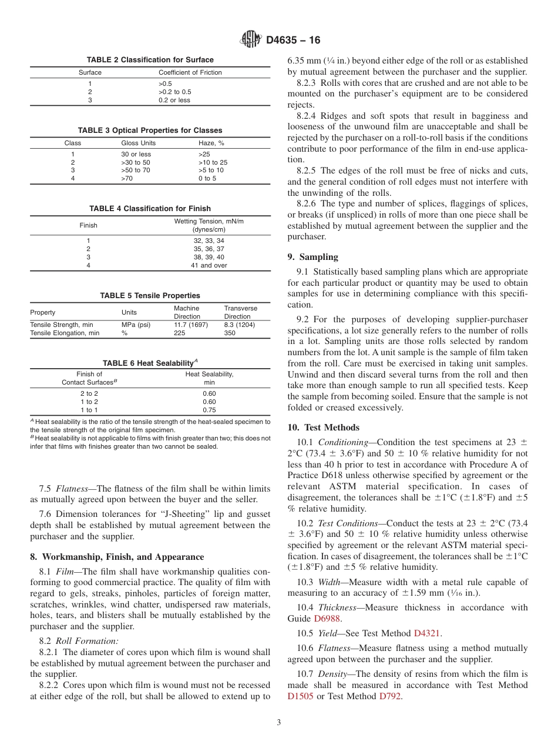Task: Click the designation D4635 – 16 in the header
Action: [x=293, y=41]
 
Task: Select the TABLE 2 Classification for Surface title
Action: [x=150, y=60]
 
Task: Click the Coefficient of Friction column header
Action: [x=190, y=72]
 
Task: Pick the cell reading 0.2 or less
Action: [x=174, y=100]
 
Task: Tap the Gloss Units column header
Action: [x=136, y=143]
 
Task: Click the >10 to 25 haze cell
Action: [x=213, y=162]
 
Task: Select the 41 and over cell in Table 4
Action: [x=209, y=265]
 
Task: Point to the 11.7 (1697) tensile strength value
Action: [x=190, y=325]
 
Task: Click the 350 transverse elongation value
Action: [x=230, y=333]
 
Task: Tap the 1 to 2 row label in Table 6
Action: [x=89, y=402]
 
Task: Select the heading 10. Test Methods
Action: [x=323, y=428]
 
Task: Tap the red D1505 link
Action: [x=301, y=696]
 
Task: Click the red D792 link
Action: [x=391, y=696]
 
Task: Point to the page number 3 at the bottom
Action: [x=278, y=723]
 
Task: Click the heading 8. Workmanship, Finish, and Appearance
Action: [x=117, y=557]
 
